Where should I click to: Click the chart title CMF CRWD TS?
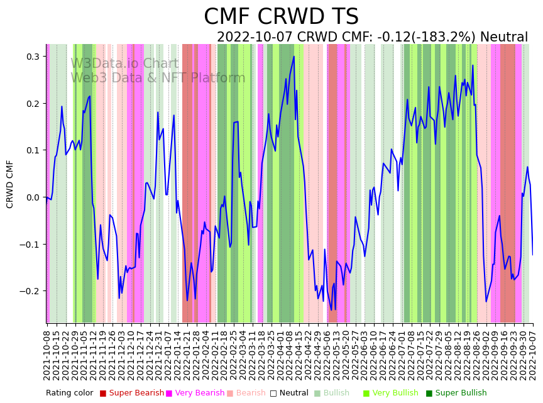[x=281, y=17]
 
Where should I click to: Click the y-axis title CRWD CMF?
[x=10, y=184]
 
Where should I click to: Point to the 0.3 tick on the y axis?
[x=32, y=57]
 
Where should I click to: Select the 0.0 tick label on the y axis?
[x=32, y=197]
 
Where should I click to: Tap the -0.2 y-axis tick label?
[x=30, y=291]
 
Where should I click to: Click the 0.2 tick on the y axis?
[x=32, y=104]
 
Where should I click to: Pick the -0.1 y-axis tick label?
[x=30, y=245]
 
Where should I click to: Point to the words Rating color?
[x=69, y=394]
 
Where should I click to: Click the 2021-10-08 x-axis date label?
[x=47, y=352]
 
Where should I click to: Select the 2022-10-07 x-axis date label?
[x=533, y=352]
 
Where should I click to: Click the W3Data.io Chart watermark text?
[x=124, y=64]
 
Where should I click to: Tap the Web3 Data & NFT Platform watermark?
[x=158, y=79]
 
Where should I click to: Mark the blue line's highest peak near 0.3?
[x=293, y=57]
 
